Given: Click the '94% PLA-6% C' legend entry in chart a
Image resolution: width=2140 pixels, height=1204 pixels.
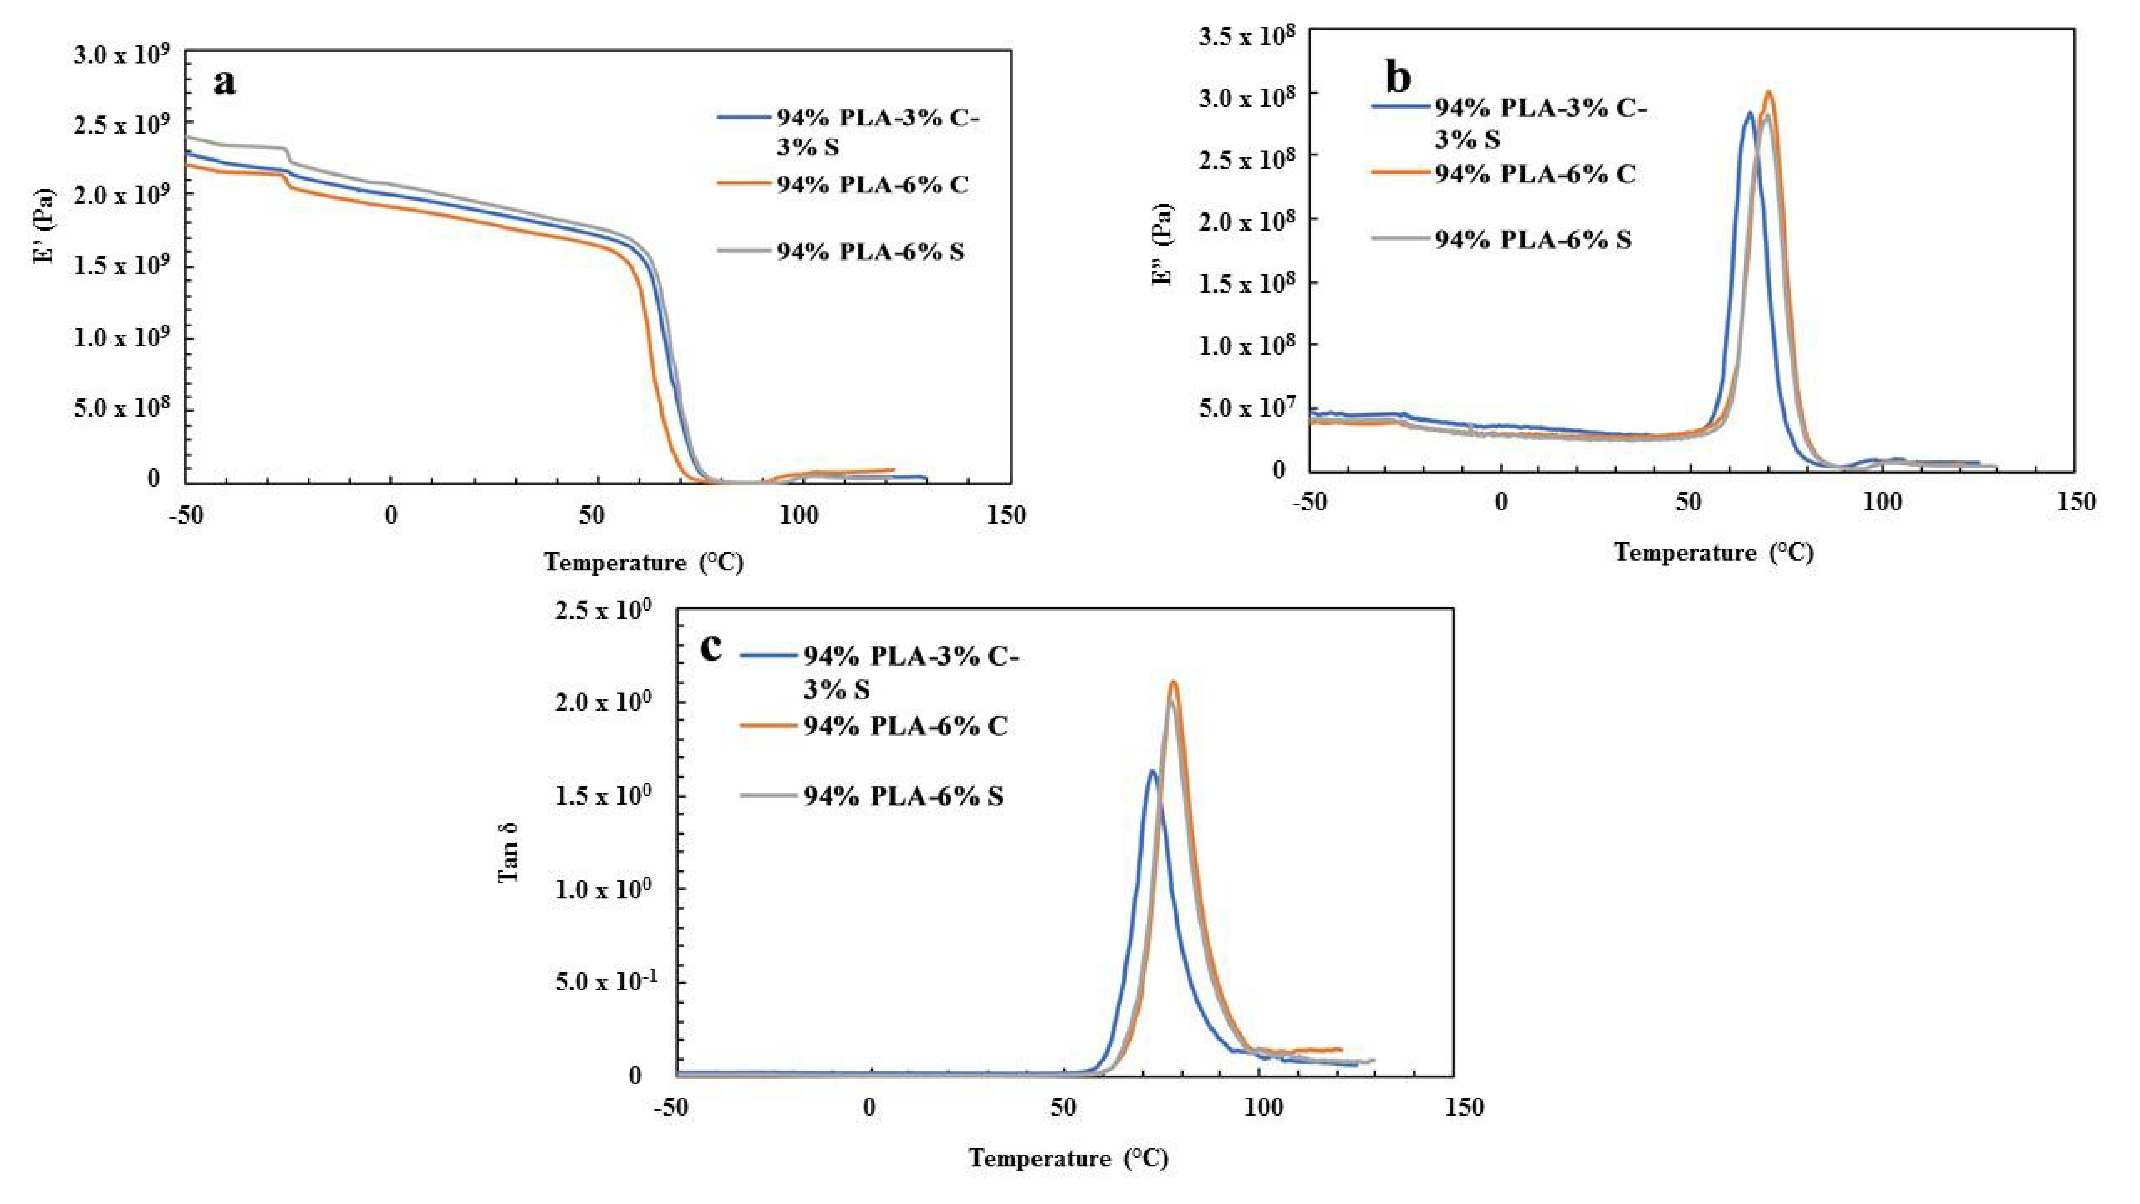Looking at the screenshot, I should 872,184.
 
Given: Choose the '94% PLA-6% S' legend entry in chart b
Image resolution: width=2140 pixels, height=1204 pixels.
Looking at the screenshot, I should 1533,240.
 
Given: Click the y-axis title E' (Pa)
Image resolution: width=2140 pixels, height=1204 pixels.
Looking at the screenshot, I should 43,226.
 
